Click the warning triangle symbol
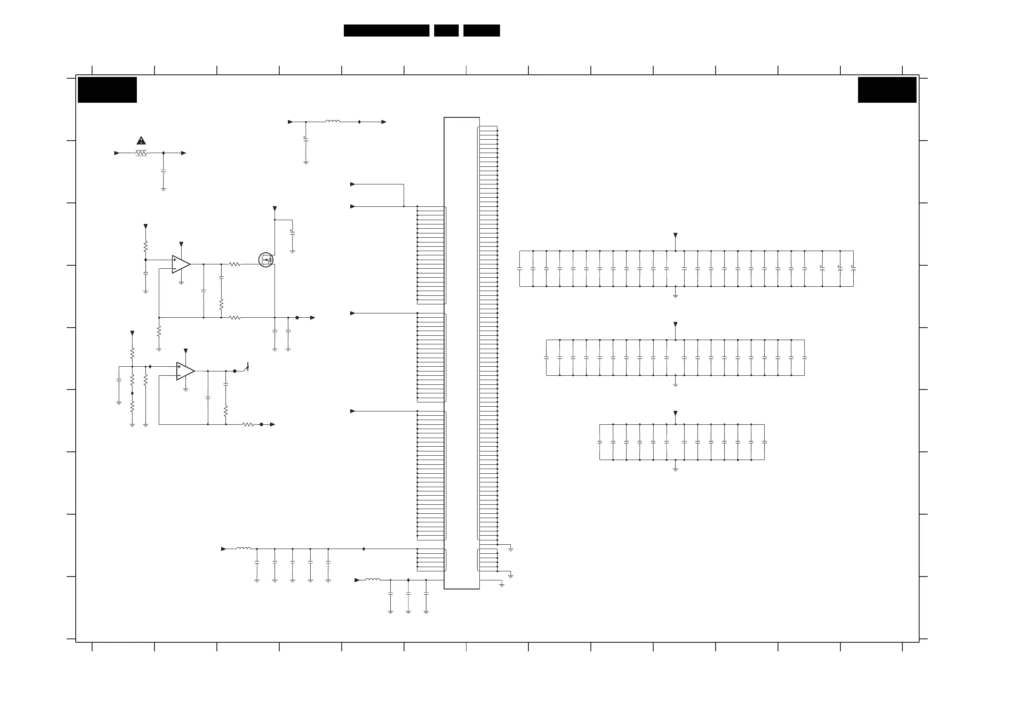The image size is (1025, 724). click(141, 141)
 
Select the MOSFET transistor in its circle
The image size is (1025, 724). click(266, 260)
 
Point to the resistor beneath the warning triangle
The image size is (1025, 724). click(141, 153)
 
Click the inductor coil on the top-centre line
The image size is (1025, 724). click(333, 121)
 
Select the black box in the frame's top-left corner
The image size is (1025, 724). click(107, 90)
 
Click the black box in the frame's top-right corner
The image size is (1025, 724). click(887, 90)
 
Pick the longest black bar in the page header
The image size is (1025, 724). click(386, 31)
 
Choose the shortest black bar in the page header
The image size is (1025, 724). click(446, 31)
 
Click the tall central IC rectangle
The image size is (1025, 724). click(462, 353)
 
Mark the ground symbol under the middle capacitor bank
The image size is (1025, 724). click(676, 384)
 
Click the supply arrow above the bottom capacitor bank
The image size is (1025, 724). click(676, 414)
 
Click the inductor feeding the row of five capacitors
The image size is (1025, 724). click(243, 548)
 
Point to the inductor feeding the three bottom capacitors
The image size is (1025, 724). click(373, 580)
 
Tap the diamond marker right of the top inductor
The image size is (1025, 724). click(359, 122)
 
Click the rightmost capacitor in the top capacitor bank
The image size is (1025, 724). click(853, 269)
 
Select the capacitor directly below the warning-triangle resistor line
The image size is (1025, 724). click(164, 171)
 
